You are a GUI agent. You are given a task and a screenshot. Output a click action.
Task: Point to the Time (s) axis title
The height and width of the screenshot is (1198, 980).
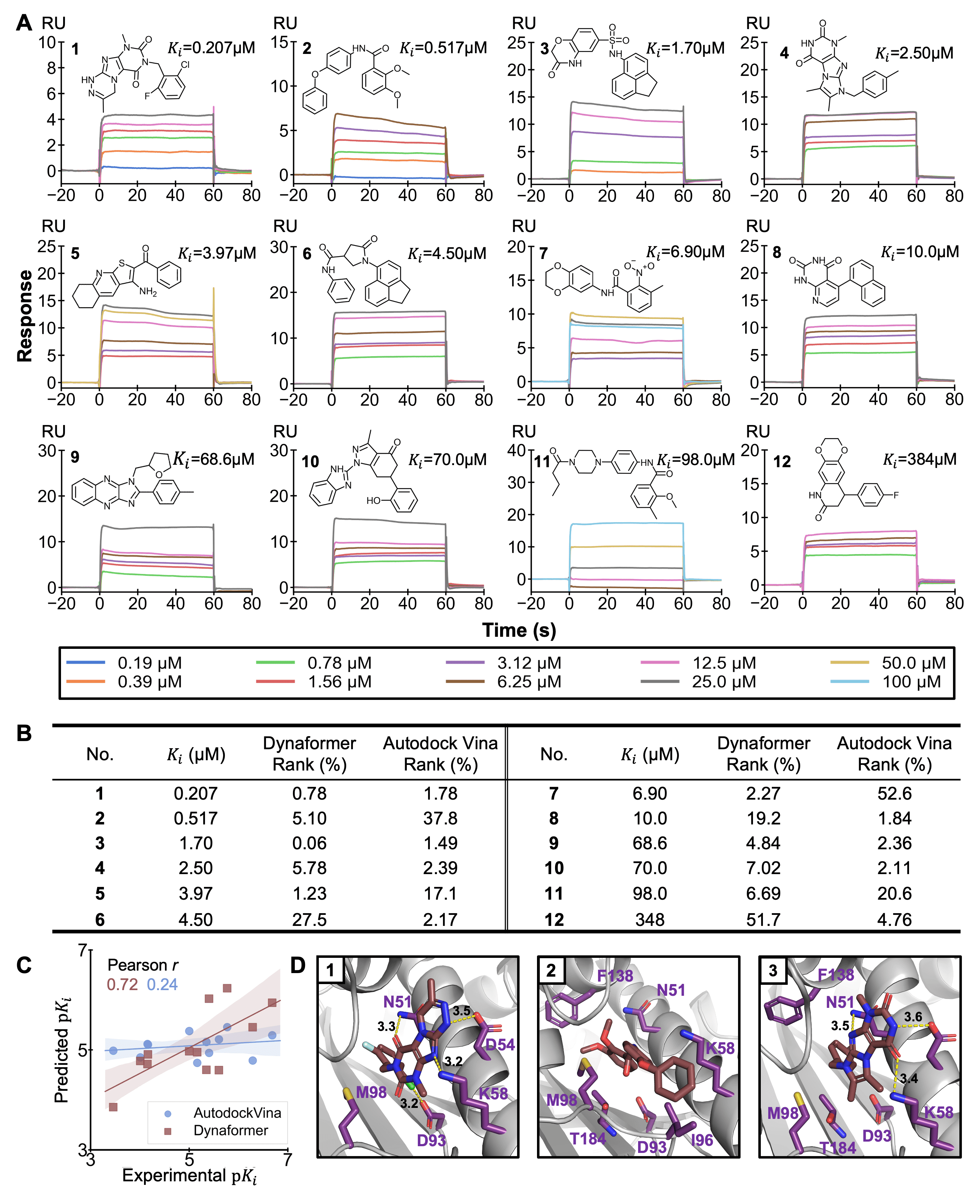tap(519, 630)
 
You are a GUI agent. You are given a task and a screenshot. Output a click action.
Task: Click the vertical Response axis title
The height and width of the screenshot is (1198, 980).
tap(25, 316)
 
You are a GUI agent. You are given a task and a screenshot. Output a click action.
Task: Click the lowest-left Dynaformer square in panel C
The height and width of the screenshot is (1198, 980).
tap(113, 1107)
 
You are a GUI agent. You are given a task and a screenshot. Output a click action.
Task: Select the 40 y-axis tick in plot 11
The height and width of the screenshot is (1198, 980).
tap(517, 451)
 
